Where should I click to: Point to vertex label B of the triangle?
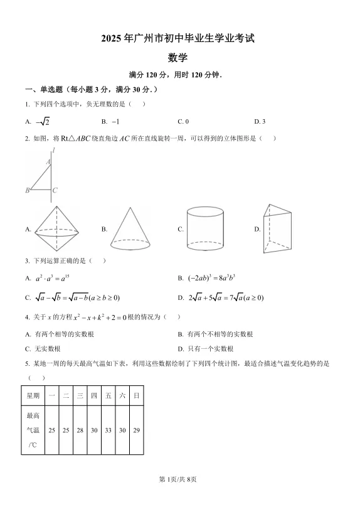tap(28, 190)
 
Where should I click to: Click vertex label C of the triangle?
tap(55, 190)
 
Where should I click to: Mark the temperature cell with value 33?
tap(108, 430)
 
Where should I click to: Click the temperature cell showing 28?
tap(80, 430)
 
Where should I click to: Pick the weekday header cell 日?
tap(136, 395)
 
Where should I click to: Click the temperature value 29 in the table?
tap(136, 430)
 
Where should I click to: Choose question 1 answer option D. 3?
tap(260, 121)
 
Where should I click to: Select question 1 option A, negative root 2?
tap(41, 122)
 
